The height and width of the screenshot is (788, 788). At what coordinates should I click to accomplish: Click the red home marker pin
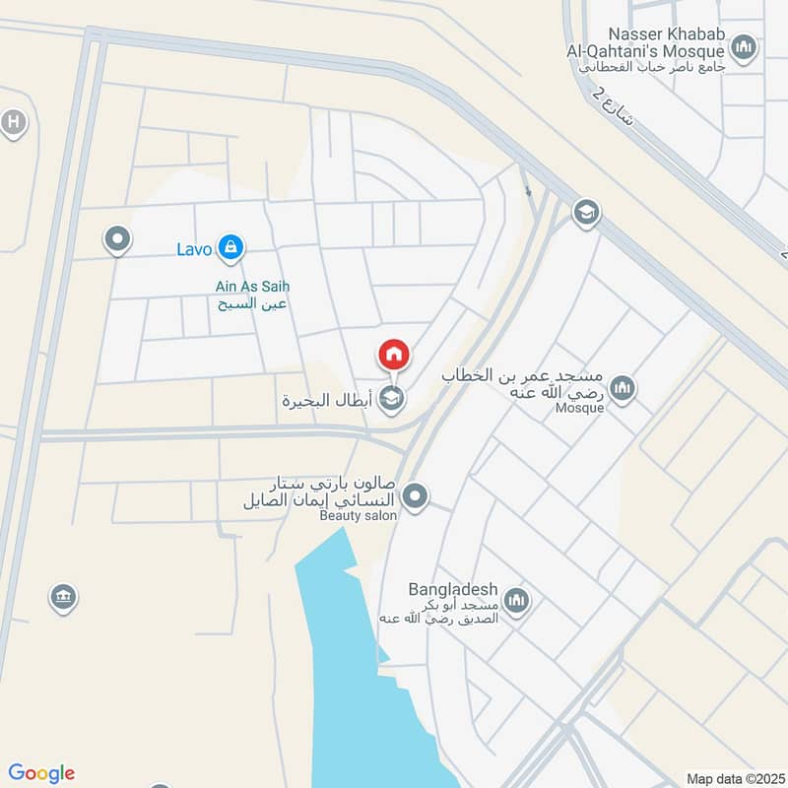coord(393,355)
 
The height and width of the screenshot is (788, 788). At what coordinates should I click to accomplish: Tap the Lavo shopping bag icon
coord(230,247)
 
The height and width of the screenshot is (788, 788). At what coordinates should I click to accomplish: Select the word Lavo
coord(194,249)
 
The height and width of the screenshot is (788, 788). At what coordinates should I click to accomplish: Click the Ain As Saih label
coord(252,287)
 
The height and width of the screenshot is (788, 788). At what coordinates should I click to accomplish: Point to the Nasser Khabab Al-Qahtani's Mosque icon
coord(745,45)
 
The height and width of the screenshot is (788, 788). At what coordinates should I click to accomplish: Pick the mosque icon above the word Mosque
coord(622,388)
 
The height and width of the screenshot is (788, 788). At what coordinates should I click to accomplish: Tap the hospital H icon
coord(13,123)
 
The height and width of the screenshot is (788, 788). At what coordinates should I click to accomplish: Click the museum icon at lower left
coord(63,596)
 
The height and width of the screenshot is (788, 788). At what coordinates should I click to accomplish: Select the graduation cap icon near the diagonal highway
coord(586,212)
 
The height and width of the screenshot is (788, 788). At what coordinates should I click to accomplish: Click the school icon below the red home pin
coord(392,398)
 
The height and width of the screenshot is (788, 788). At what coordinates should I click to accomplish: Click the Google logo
coord(41,773)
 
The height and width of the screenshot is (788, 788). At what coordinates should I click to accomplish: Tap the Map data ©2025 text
coord(734,778)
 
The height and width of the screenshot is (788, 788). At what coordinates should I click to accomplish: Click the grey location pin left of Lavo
coord(117,238)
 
